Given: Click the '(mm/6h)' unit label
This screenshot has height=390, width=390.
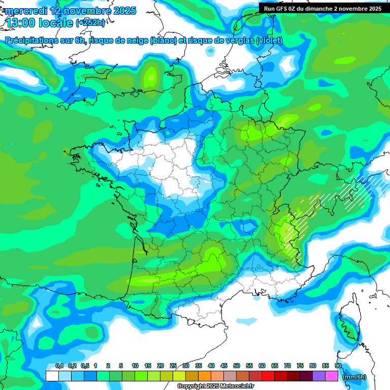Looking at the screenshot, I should (354, 376).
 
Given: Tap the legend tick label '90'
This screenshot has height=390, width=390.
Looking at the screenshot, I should (338, 366).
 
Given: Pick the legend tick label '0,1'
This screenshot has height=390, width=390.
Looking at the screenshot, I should (59, 366).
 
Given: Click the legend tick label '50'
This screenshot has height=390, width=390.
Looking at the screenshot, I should (237, 366).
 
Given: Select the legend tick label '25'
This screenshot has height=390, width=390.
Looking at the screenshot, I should (173, 366).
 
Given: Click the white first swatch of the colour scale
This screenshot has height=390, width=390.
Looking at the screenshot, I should (52, 376).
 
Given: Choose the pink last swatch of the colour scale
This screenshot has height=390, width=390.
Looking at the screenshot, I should (331, 376).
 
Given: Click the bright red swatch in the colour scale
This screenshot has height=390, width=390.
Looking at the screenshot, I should (268, 376).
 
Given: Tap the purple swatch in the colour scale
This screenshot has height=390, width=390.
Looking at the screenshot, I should (318, 376).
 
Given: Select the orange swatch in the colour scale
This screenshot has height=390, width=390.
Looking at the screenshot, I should (204, 376).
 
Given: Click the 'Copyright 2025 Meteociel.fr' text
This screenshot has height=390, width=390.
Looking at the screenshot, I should (215, 386).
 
